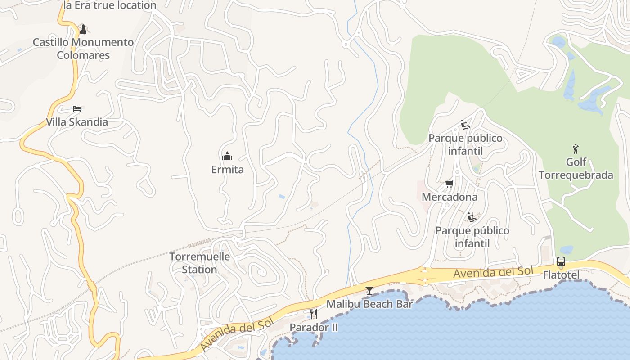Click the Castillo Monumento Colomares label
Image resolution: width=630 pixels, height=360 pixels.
(83, 49)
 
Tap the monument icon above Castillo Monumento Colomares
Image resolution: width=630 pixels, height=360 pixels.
(83, 30)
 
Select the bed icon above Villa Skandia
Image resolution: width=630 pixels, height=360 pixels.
(77, 109)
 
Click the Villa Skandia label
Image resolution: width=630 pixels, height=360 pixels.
(77, 122)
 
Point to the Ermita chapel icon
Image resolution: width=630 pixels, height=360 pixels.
(227, 156)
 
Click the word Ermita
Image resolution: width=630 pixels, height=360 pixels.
(227, 170)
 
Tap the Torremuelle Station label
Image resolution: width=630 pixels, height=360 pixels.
(199, 263)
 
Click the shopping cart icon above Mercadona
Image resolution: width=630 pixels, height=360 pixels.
(449, 184)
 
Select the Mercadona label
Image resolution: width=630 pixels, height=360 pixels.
(449, 197)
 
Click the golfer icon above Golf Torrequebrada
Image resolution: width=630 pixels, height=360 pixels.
(576, 148)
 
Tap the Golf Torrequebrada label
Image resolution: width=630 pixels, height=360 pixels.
(576, 168)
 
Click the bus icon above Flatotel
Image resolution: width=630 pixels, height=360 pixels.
(561, 261)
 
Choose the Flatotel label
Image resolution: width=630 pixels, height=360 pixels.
(561, 274)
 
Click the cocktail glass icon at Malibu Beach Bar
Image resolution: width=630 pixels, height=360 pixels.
(369, 291)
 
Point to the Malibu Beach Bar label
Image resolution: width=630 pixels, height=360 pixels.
(369, 304)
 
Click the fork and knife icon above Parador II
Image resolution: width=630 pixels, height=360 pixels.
(314, 314)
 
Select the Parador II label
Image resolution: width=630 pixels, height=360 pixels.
(314, 327)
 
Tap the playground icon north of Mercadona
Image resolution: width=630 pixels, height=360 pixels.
(465, 125)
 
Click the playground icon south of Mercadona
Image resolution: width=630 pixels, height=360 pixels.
(472, 217)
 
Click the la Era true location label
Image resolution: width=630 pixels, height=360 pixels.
(110, 5)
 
